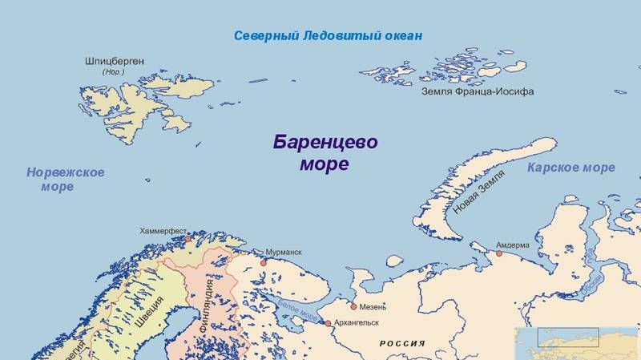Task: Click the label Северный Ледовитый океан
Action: tap(328, 37)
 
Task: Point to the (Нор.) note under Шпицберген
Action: tap(113, 73)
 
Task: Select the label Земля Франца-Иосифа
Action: tap(478, 92)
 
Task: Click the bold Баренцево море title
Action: tap(325, 153)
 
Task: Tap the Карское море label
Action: tap(571, 168)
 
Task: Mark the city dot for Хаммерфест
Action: tap(188, 238)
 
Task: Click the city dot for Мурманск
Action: tap(263, 262)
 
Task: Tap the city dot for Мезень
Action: tap(353, 306)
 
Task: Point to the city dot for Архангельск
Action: tap(328, 323)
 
